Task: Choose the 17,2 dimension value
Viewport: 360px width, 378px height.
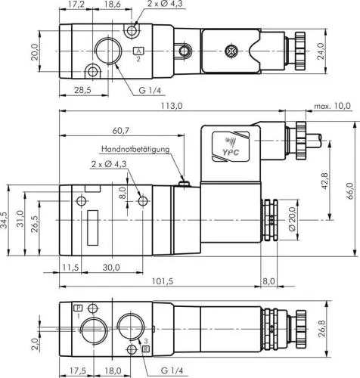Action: [x=76, y=5]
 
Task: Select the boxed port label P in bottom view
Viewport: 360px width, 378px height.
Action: [x=78, y=309]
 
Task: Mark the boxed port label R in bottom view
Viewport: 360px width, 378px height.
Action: [x=146, y=349]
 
